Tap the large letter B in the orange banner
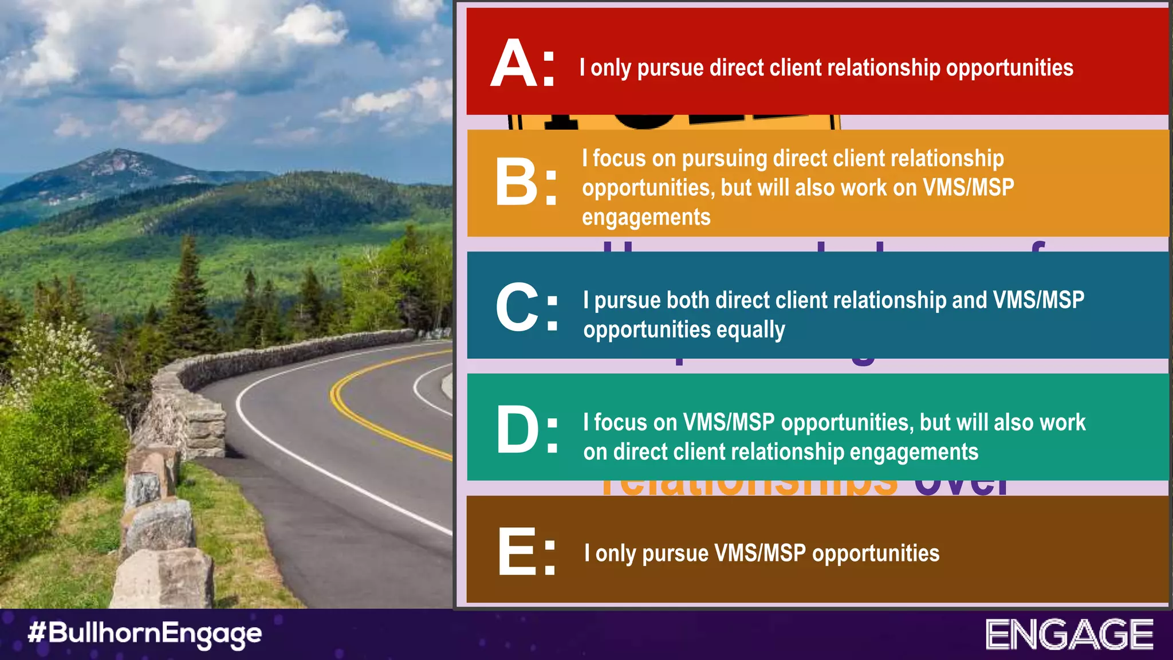pyautogui.click(x=517, y=182)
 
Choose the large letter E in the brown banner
pyautogui.click(x=517, y=551)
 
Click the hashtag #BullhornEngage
pyautogui.click(x=144, y=634)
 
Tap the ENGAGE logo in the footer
pyautogui.click(x=1069, y=634)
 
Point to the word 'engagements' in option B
pyautogui.click(x=646, y=218)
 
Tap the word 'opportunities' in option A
pyautogui.click(x=1009, y=68)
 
